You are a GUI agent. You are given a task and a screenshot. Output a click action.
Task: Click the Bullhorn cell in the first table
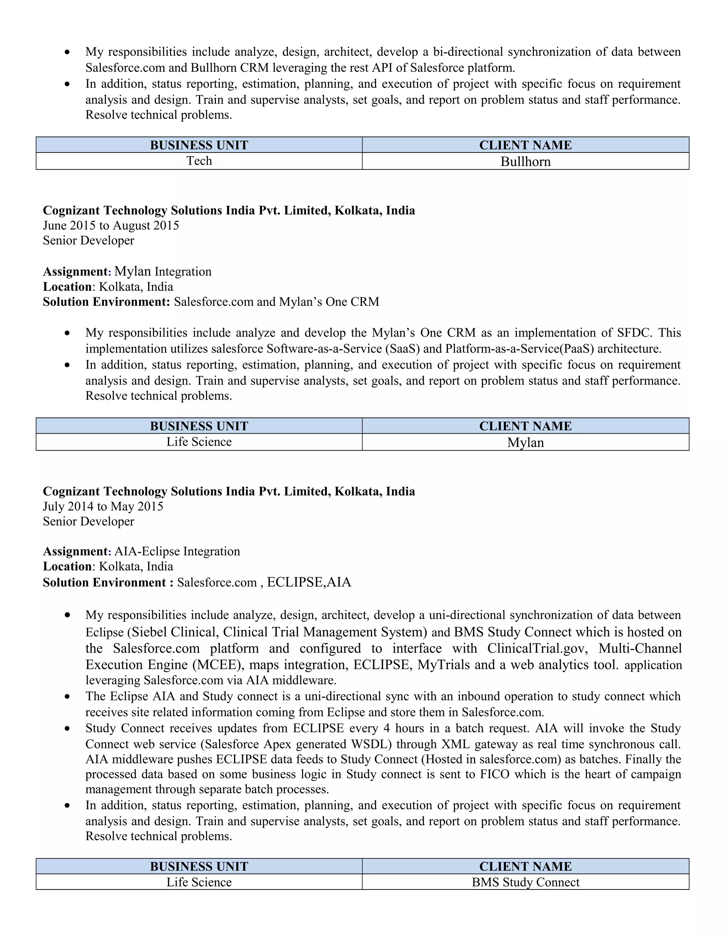525,161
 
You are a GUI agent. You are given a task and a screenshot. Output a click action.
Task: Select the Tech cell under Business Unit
199,161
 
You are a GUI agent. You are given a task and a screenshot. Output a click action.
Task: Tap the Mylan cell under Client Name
525,442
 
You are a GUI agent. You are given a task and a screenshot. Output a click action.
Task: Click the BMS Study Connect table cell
525,882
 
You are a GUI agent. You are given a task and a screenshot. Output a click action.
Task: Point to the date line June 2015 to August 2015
111,225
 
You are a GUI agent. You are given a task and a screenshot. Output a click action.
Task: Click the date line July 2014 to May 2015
103,507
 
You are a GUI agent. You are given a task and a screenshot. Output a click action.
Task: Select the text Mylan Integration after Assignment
163,271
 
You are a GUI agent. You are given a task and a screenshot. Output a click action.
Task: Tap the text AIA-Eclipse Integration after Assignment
177,551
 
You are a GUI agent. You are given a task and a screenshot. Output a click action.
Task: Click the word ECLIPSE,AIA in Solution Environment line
309,582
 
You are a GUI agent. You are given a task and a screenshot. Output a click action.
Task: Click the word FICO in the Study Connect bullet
494,774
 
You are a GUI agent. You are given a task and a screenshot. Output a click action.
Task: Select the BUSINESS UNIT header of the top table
199,145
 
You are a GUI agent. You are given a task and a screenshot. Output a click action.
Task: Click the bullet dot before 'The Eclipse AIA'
67,697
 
